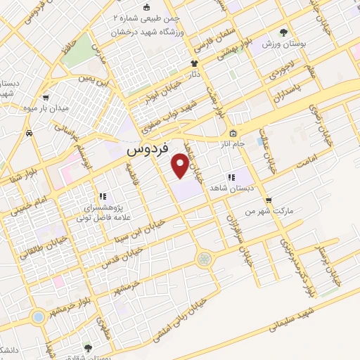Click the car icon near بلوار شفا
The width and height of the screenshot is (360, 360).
click(x=29, y=132)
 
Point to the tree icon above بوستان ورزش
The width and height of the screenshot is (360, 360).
click(x=284, y=32)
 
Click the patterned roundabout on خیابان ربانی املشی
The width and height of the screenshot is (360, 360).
click(x=204, y=259)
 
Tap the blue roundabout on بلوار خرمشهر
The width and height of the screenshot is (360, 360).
click(x=36, y=317)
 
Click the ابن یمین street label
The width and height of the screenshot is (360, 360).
click(x=95, y=79)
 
